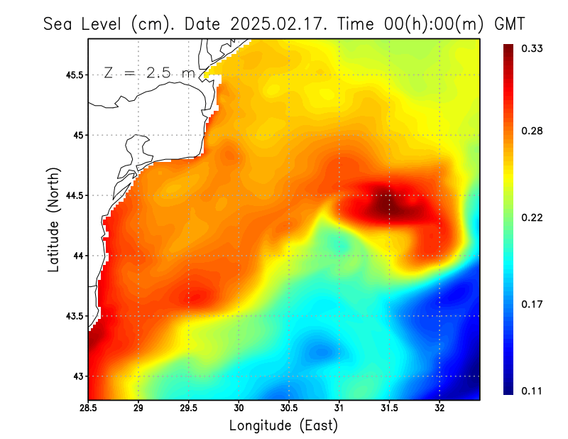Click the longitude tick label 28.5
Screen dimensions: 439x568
[x=88, y=408]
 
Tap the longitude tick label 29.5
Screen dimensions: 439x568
[x=189, y=408]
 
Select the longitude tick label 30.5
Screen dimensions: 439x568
[x=289, y=408]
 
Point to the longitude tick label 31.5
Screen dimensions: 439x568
[x=390, y=408]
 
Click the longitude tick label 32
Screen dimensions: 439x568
[x=440, y=408]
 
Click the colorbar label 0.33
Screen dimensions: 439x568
[x=533, y=48]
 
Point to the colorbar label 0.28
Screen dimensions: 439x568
[x=533, y=131]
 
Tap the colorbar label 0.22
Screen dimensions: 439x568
[x=533, y=218]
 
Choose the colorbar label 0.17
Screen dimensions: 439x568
[x=533, y=305]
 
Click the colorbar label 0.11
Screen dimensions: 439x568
[x=533, y=391]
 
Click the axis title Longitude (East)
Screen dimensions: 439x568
[x=283, y=426]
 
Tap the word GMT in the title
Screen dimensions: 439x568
[x=509, y=24]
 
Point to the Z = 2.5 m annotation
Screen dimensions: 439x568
[x=149, y=73]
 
